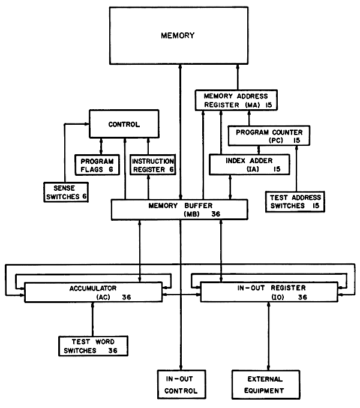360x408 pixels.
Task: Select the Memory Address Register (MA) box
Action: pyautogui.click(x=236, y=100)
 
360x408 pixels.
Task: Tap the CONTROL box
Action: pyautogui.click(x=124, y=124)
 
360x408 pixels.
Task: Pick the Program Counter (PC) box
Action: pyautogui.click(x=268, y=136)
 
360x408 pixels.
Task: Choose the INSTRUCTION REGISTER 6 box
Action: pyautogui.click(x=152, y=166)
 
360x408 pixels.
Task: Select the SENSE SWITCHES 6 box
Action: pyautogui.click(x=65, y=191)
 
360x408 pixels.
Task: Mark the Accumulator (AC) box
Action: pyautogui.click(x=93, y=292)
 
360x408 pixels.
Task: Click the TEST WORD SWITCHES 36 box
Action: pyautogui.click(x=93, y=346)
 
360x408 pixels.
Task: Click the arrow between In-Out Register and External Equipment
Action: pyautogui.click(x=268, y=336)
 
